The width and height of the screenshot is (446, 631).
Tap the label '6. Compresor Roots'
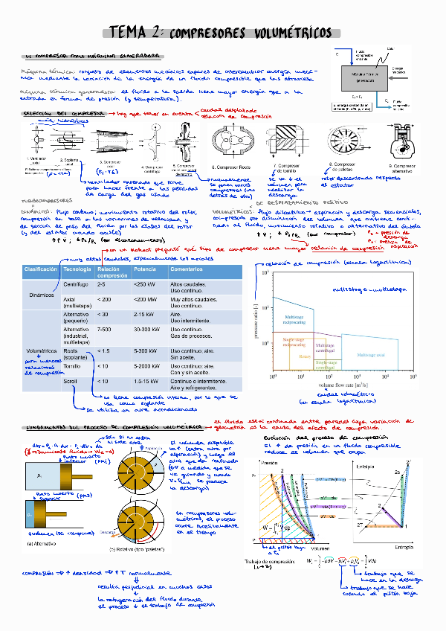click(233, 168)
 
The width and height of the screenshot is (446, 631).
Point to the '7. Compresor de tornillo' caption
click(286, 167)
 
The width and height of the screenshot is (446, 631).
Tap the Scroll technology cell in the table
click(71, 381)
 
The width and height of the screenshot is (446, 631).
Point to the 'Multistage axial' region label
click(369, 356)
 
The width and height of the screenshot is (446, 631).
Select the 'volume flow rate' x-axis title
click(330, 385)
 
